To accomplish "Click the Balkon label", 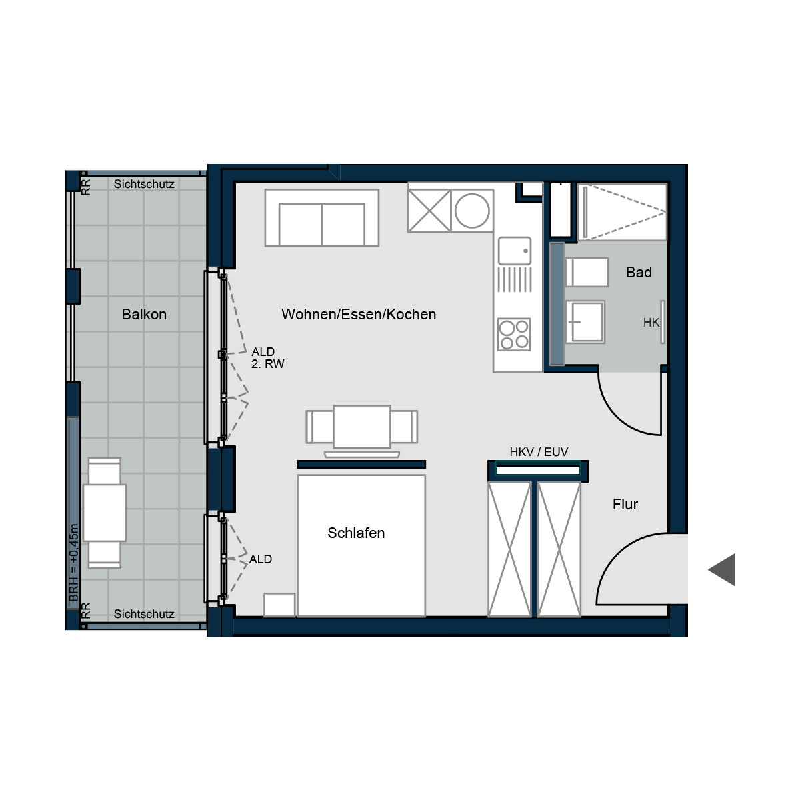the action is click(x=144, y=314).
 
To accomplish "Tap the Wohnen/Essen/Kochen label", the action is click(x=359, y=314).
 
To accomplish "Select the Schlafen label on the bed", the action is click(x=356, y=533).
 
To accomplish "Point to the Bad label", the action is click(x=639, y=273).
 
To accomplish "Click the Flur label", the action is click(x=625, y=504).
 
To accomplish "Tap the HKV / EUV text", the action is click(x=539, y=452).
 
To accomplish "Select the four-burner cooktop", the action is click(x=514, y=334).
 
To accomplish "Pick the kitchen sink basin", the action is click(x=515, y=251).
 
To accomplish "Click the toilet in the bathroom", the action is click(x=587, y=273).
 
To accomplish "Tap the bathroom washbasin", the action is click(x=585, y=322).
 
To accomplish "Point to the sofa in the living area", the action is click(x=322, y=218).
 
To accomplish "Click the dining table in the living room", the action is click(x=361, y=427).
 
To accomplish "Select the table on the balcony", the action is click(x=105, y=513).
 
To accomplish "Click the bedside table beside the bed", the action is click(x=279, y=605).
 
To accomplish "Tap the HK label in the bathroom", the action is click(x=651, y=323).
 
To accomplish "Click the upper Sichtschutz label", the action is click(x=144, y=184).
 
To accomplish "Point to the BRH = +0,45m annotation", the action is click(x=73, y=563).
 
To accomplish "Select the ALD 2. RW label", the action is click(x=268, y=358).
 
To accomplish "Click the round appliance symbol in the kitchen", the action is click(x=472, y=211).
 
